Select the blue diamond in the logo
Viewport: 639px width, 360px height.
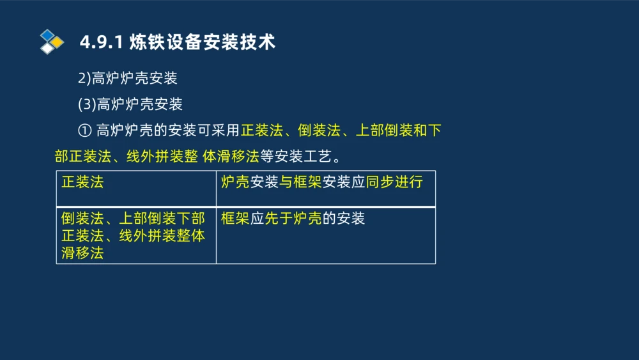coord(47,35)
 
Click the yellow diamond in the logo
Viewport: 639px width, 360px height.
coord(57,42)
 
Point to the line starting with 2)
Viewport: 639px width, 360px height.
coord(127,79)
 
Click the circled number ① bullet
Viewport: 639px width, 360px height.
coord(84,131)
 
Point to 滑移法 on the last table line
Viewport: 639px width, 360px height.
coord(82,253)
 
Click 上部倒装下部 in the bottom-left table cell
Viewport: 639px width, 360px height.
coord(162,219)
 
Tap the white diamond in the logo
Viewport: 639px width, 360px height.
coord(47,49)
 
